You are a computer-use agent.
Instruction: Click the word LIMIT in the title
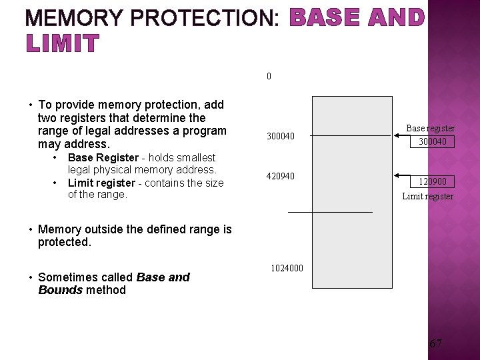pyautogui.click(x=62, y=44)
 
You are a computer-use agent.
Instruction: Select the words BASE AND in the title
pyautogui.click(x=357, y=18)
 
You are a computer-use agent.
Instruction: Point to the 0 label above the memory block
pyautogui.click(x=269, y=76)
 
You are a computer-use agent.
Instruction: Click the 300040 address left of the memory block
pyautogui.click(x=281, y=137)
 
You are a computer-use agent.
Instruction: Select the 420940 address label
pyautogui.click(x=281, y=176)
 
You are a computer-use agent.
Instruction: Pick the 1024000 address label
pyautogui.click(x=287, y=268)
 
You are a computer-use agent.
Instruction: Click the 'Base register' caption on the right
pyautogui.click(x=431, y=128)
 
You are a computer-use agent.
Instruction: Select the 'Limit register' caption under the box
pyautogui.click(x=427, y=196)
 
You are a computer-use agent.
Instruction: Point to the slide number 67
pyautogui.click(x=435, y=344)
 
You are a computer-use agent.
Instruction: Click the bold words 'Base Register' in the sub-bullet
pyautogui.click(x=103, y=158)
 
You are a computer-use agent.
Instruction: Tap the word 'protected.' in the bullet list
pyautogui.click(x=64, y=242)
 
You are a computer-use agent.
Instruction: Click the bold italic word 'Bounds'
pyautogui.click(x=61, y=289)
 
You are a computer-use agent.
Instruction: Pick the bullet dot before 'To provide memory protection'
pyautogui.click(x=30, y=105)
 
